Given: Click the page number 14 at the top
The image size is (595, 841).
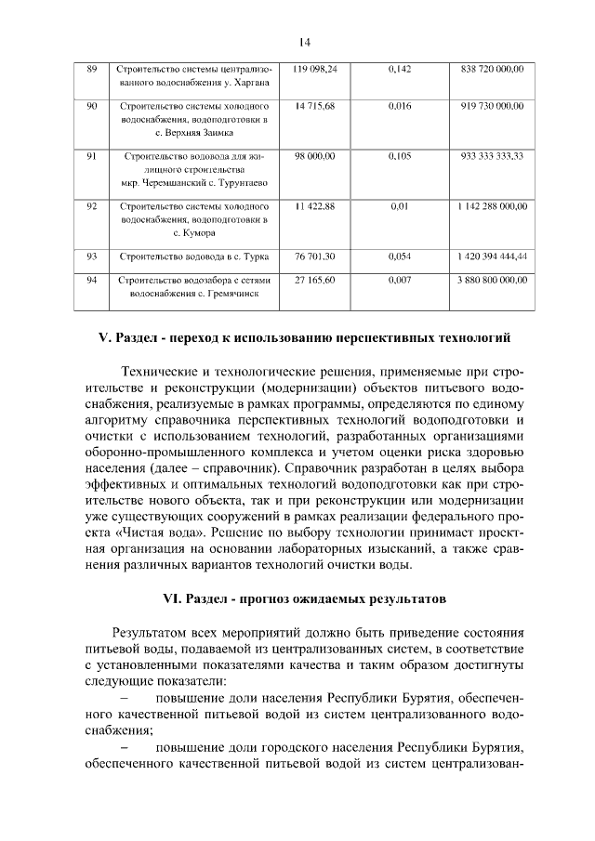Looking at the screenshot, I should [x=304, y=41].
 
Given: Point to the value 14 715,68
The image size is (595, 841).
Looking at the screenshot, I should [x=315, y=108].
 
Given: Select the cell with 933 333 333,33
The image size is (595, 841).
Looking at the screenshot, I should [x=491, y=156].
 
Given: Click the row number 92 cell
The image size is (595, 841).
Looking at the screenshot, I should [x=91, y=205].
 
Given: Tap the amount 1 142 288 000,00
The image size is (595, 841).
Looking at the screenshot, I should [x=491, y=205].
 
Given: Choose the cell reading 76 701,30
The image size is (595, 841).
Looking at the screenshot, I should [x=315, y=255].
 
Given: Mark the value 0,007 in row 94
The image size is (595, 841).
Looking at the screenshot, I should [x=400, y=279].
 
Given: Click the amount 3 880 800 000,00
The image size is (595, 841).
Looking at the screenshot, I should [x=491, y=279].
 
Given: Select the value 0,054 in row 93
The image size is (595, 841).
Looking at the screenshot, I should [x=400, y=255].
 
